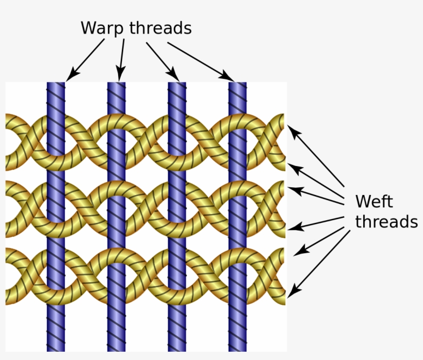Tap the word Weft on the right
(374, 201)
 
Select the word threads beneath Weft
(386, 221)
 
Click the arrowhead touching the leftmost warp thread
(70, 78)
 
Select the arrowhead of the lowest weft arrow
(291, 293)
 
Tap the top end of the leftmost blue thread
(56, 84)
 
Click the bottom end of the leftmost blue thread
(56, 349)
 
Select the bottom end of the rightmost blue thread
(237, 349)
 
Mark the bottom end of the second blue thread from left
(116, 349)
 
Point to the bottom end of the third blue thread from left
(177, 349)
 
